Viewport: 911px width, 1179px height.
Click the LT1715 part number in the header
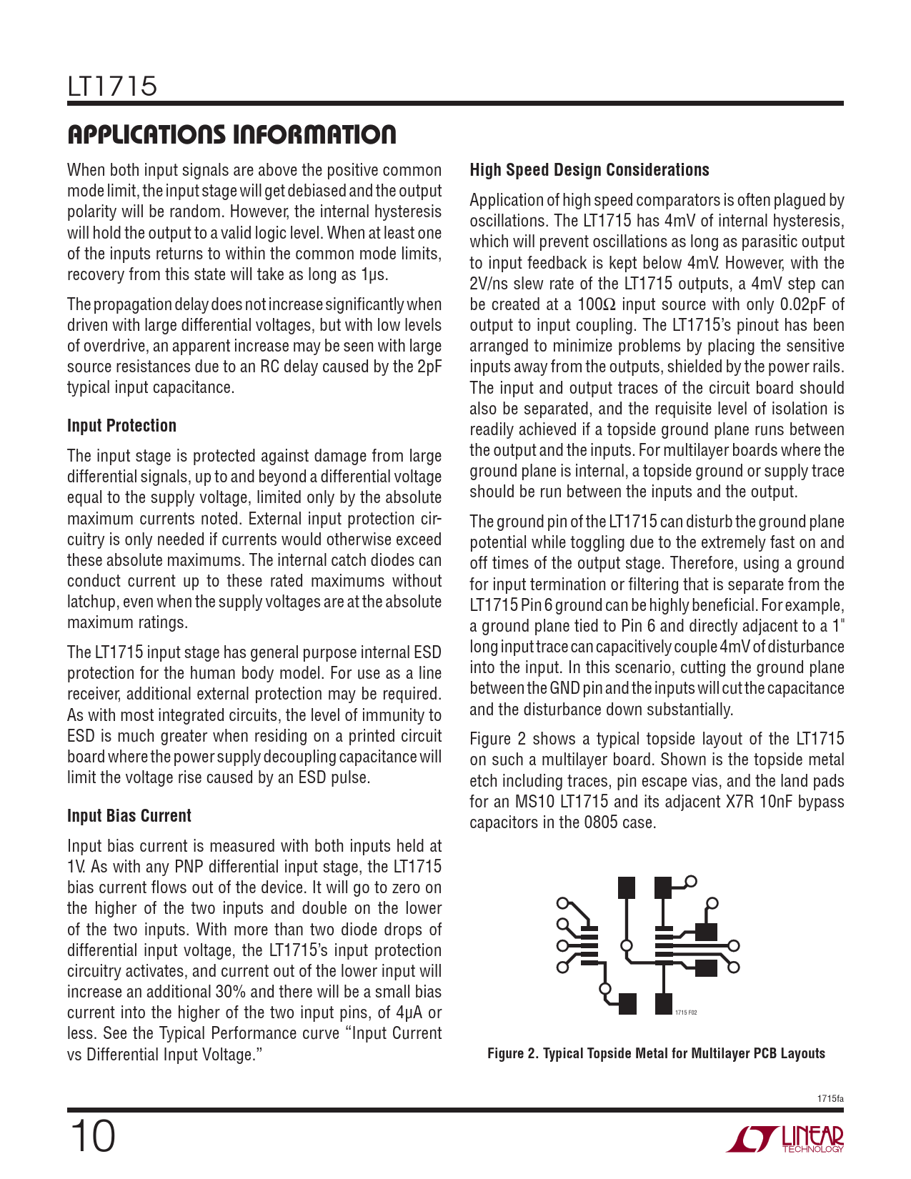click(112, 86)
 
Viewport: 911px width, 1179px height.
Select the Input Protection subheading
click(121, 426)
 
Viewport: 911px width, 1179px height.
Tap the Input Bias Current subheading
click(129, 816)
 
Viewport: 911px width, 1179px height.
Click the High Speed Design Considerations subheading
click(589, 170)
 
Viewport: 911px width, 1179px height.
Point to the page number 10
click(92, 1137)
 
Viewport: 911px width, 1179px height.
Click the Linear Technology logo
click(785, 1139)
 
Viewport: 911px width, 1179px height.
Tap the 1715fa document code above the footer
click(830, 1098)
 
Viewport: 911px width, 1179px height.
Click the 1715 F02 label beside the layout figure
click(686, 1013)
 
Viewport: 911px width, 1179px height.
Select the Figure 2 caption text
click(656, 1053)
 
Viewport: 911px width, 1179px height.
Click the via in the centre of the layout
click(627, 946)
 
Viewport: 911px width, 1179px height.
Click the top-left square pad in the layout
click(627, 887)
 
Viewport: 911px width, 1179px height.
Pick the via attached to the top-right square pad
click(691, 881)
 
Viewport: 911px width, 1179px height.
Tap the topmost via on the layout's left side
click(563, 903)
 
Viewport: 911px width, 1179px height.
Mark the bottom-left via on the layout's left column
click(563, 967)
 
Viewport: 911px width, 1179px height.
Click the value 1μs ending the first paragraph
click(374, 274)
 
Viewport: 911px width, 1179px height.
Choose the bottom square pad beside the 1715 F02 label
click(664, 1003)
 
